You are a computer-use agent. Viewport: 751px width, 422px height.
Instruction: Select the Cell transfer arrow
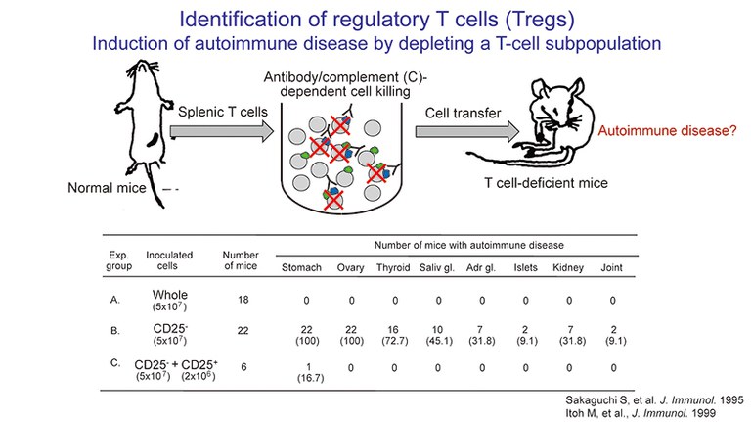point(464,132)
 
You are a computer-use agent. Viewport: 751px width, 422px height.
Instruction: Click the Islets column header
point(525,266)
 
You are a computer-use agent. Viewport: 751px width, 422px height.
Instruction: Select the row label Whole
point(171,294)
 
